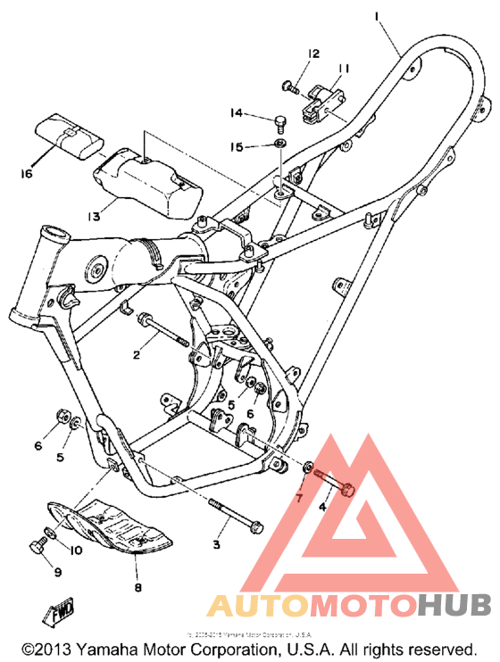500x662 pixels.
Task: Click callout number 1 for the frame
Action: [378, 16]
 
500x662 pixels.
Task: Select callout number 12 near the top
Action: [313, 54]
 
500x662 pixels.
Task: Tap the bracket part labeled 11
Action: [325, 101]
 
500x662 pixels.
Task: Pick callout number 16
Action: [27, 173]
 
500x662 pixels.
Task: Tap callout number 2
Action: [137, 355]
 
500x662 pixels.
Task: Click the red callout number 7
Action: [300, 496]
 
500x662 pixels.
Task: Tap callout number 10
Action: [75, 550]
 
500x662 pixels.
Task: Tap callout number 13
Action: [95, 214]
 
